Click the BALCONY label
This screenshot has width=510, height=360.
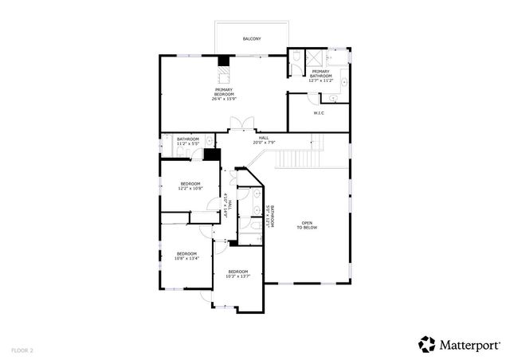(253, 38)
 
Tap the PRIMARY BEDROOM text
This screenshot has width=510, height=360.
(224, 92)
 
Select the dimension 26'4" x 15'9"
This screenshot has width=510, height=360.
(224, 99)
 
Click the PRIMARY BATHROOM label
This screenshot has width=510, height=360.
(321, 74)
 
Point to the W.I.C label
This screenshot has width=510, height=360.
(319, 112)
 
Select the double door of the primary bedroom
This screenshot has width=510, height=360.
(241, 123)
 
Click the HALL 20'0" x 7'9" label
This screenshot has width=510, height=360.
(264, 140)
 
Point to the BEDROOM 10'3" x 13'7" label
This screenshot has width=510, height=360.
(238, 274)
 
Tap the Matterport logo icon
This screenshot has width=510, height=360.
(427, 344)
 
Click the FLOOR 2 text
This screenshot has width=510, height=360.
(22, 349)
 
